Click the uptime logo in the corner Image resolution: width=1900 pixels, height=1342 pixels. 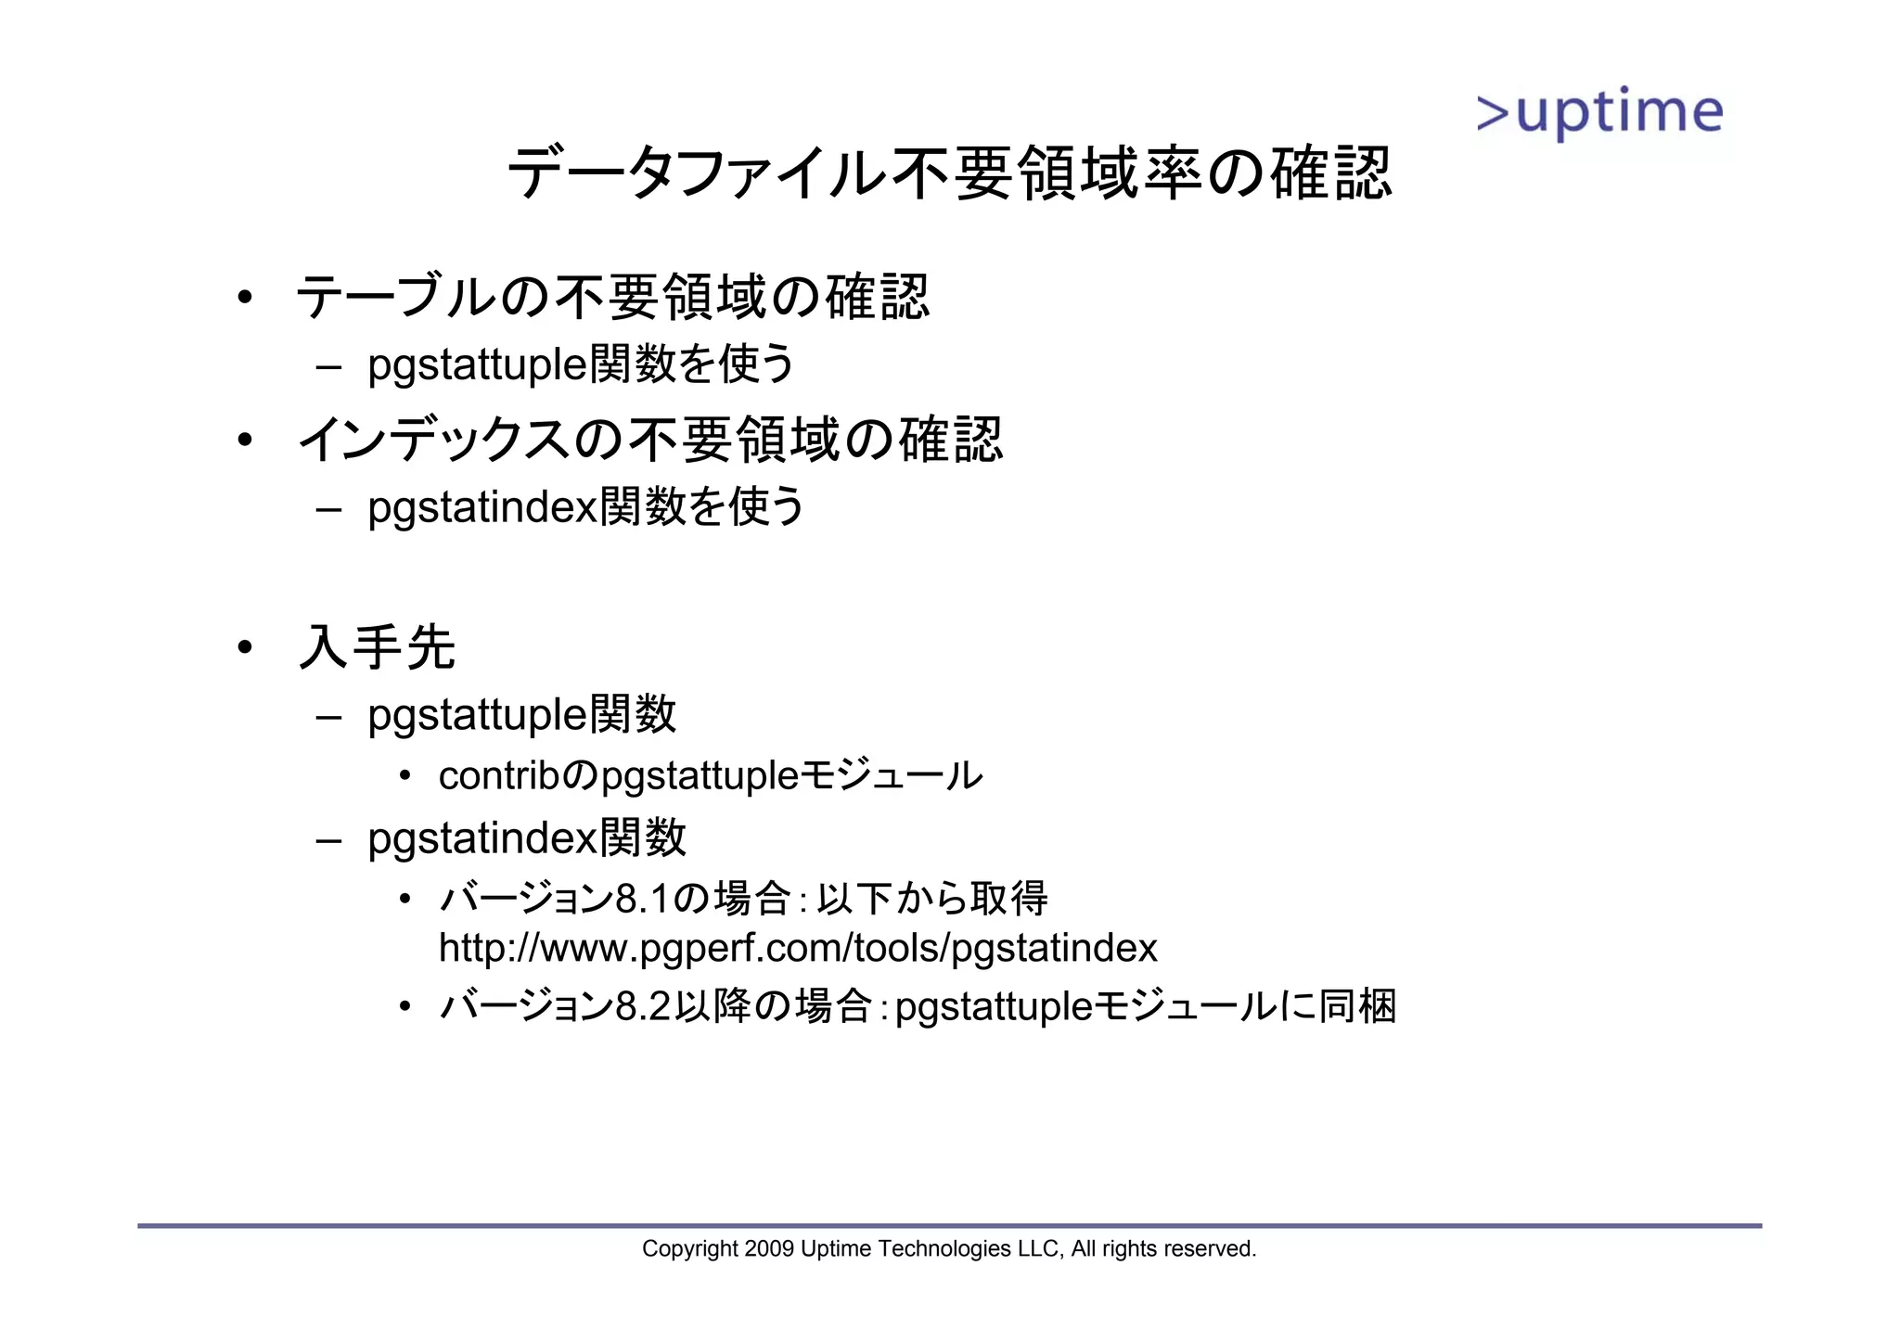[1599, 114]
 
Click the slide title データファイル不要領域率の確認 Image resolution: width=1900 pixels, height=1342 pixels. [949, 173]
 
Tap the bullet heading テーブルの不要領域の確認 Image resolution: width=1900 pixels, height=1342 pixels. [612, 298]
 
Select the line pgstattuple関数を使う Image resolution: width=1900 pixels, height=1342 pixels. [581, 364]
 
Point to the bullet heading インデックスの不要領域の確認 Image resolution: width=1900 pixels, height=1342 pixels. [649, 440]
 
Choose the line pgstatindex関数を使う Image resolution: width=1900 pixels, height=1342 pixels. [586, 506]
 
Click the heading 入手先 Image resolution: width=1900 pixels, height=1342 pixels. [377, 647]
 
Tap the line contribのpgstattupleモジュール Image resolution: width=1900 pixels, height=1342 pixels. [710, 775]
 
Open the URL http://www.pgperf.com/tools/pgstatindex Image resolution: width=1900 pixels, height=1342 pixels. [798, 948]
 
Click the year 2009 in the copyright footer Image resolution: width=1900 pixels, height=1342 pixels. [769, 1249]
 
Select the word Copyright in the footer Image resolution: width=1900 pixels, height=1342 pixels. [690, 1249]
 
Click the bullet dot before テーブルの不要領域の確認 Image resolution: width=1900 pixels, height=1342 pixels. [244, 298]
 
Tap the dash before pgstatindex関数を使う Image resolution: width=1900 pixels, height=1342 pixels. [328, 508]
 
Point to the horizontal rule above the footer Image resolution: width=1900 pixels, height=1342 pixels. [949, 1226]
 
